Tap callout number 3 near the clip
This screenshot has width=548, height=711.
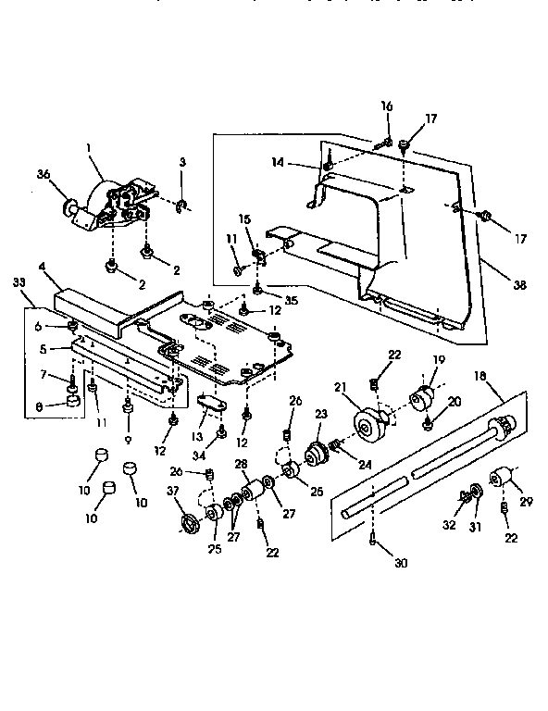coord(182,162)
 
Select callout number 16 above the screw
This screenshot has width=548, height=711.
coord(387,106)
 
